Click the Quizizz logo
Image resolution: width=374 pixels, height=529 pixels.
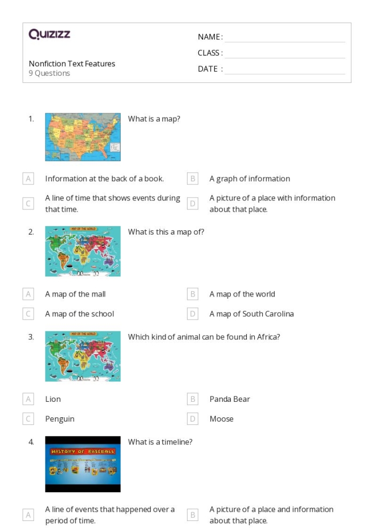[x=50, y=35]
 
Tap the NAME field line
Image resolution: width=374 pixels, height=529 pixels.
[x=285, y=37]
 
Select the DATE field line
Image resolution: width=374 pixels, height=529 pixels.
[x=285, y=69]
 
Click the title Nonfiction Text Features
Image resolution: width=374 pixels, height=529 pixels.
[x=72, y=64]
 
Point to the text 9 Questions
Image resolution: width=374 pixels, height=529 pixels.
[x=49, y=73]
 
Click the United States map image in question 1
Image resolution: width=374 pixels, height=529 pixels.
[x=83, y=137]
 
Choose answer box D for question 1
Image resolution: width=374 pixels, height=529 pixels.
[x=193, y=204]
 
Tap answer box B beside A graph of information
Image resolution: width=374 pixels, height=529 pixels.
[x=193, y=179]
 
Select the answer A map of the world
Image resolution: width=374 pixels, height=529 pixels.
[x=242, y=294]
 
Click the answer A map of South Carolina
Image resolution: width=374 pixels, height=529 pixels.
[x=251, y=314]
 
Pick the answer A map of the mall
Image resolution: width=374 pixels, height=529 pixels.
[x=75, y=294]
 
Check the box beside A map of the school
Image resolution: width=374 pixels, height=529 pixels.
[x=28, y=314]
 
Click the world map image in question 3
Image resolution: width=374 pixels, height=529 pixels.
[x=83, y=356]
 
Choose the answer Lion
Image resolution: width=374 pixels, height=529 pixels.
[x=53, y=399]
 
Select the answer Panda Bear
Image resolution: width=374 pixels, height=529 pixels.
[x=230, y=399]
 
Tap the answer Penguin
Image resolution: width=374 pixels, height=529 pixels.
[x=60, y=419]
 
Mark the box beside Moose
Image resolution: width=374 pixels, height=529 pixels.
[x=193, y=419]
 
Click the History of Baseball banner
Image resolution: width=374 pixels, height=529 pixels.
[x=83, y=452]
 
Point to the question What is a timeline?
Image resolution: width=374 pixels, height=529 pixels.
[x=160, y=442]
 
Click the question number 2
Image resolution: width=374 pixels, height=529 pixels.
[x=31, y=232]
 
